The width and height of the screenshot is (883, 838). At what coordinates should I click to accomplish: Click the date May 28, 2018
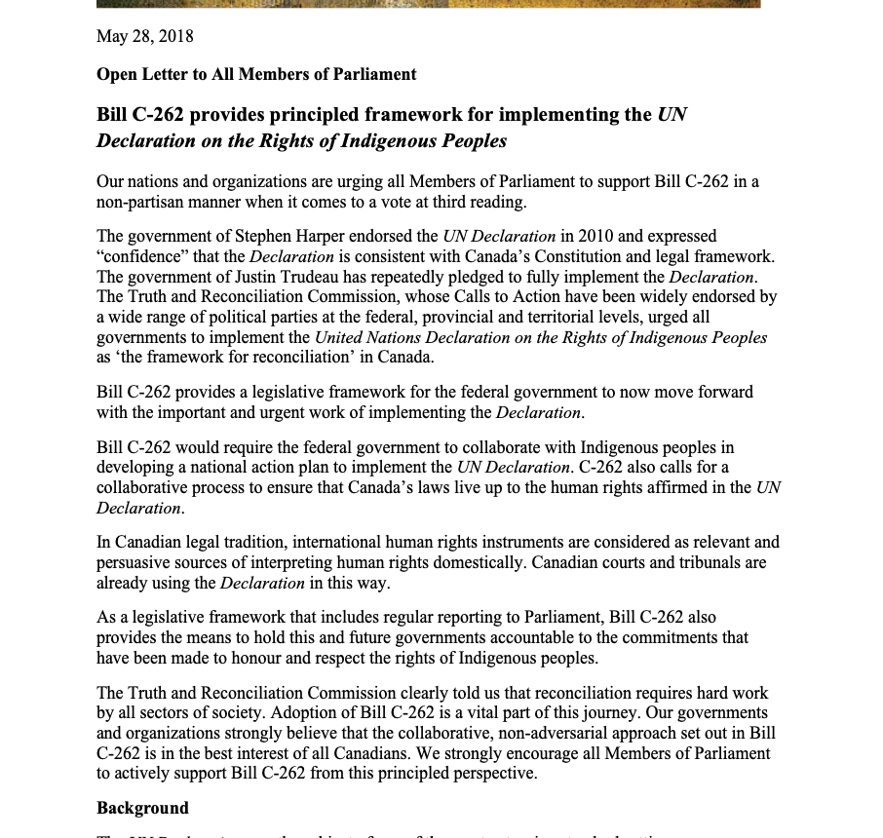(x=144, y=37)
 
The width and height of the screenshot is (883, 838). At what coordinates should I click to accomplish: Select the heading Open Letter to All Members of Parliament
(x=256, y=75)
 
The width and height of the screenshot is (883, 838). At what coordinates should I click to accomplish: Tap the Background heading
(x=142, y=809)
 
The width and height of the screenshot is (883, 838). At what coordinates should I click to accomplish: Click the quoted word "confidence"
(x=139, y=257)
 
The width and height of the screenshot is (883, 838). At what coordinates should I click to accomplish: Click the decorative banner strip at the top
(x=428, y=4)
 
